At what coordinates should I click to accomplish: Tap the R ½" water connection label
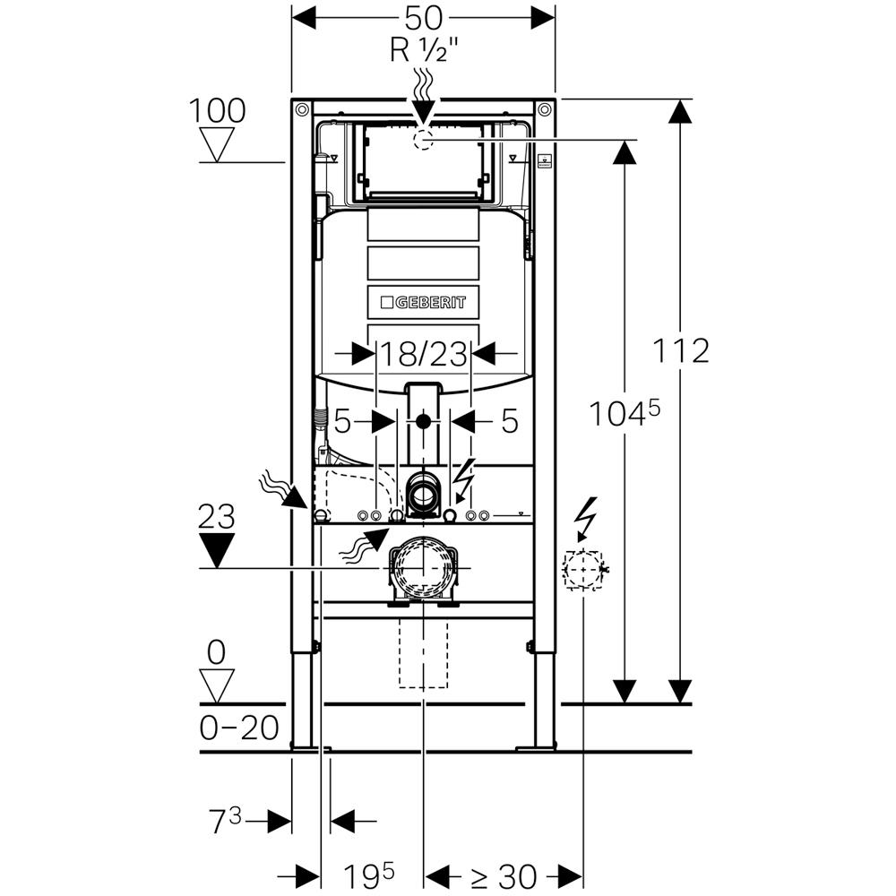tap(424, 51)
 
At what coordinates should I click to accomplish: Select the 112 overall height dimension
tap(681, 350)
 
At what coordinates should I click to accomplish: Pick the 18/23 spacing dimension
tap(423, 355)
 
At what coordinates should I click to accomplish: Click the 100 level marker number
tap(217, 111)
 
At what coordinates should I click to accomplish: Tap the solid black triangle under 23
tap(217, 548)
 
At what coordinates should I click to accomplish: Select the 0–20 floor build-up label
tap(238, 727)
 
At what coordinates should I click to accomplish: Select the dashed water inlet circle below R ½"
tap(423, 139)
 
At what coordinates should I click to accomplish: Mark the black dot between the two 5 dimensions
tap(423, 420)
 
